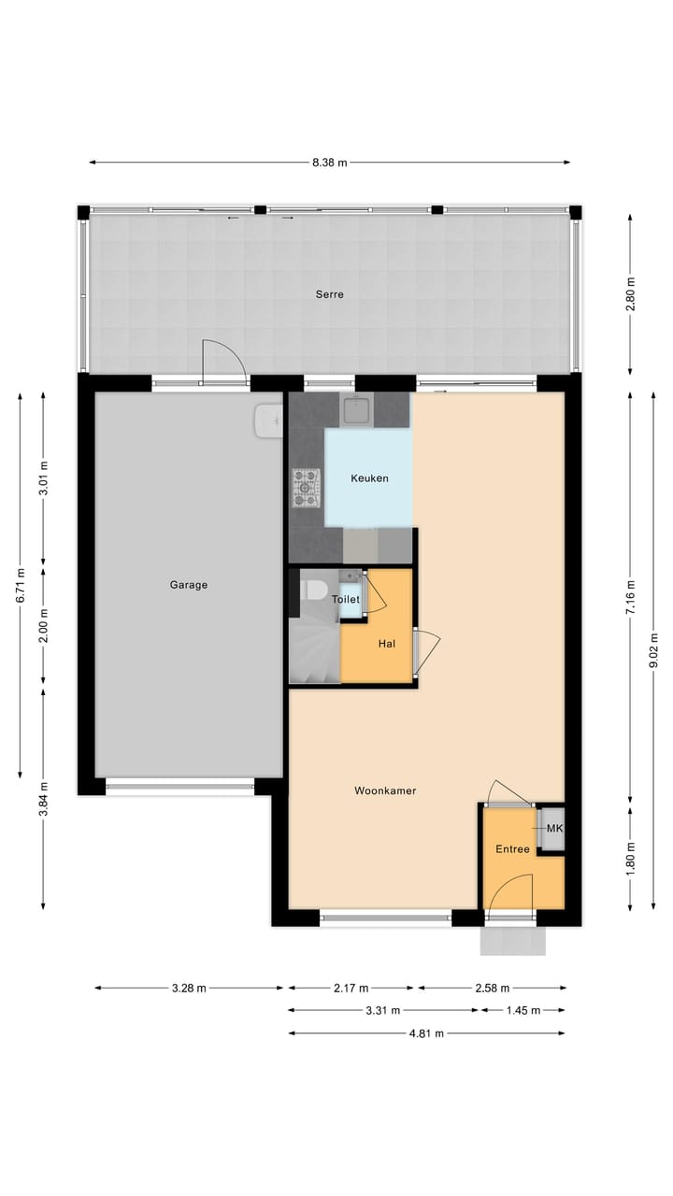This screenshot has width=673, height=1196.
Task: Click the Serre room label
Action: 329,294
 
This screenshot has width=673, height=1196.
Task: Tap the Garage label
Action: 189,585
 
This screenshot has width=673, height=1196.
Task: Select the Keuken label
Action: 369,478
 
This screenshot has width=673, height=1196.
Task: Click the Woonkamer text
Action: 385,790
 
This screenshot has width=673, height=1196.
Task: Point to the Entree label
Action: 512,849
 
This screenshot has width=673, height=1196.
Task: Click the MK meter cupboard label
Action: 554,829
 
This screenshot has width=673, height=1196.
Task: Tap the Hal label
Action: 387,644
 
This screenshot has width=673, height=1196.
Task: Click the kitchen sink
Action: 355,407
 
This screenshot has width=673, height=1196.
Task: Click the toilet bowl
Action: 314,591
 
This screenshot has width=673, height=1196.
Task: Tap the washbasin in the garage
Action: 268,420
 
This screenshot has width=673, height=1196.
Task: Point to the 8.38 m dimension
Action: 329,163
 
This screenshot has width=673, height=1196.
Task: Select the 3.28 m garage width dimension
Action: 189,988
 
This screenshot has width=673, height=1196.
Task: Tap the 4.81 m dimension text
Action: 425,1032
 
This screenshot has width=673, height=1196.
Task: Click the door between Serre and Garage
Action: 224,363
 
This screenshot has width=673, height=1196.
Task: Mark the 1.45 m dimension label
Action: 522,1010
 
